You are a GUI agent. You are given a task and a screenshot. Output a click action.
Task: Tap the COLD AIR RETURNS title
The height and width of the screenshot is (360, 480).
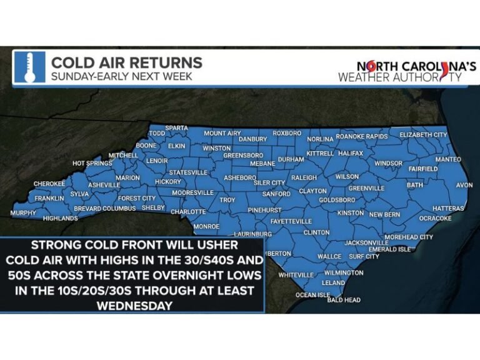point(127,63)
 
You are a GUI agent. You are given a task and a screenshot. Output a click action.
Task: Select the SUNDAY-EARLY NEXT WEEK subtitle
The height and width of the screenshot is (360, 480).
point(122,77)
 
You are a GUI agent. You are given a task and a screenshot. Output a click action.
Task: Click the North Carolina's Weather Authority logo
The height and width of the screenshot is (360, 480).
point(408,71)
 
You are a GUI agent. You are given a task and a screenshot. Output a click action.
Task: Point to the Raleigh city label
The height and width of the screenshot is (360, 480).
point(304,177)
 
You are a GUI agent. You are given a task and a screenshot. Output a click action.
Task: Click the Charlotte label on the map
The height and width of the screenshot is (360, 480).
point(188,212)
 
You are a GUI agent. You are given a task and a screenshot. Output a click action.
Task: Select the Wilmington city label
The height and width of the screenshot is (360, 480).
point(343,273)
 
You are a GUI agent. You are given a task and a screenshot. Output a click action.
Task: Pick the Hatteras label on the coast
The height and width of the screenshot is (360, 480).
point(448,208)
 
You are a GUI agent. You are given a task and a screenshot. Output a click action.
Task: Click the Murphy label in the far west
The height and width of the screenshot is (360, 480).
point(23,213)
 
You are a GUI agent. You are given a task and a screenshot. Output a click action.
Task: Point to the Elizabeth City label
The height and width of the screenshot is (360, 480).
point(423,135)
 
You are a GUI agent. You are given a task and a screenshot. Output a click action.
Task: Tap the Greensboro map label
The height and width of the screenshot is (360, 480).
point(243,155)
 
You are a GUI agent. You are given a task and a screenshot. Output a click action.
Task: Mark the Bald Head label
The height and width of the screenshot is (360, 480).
point(344,300)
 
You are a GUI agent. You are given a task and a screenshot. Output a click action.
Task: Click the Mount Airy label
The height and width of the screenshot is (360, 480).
point(222,133)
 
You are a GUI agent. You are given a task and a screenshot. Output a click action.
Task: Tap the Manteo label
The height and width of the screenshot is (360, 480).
point(447,160)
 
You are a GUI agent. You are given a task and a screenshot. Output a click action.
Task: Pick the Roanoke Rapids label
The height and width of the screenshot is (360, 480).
point(362,136)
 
